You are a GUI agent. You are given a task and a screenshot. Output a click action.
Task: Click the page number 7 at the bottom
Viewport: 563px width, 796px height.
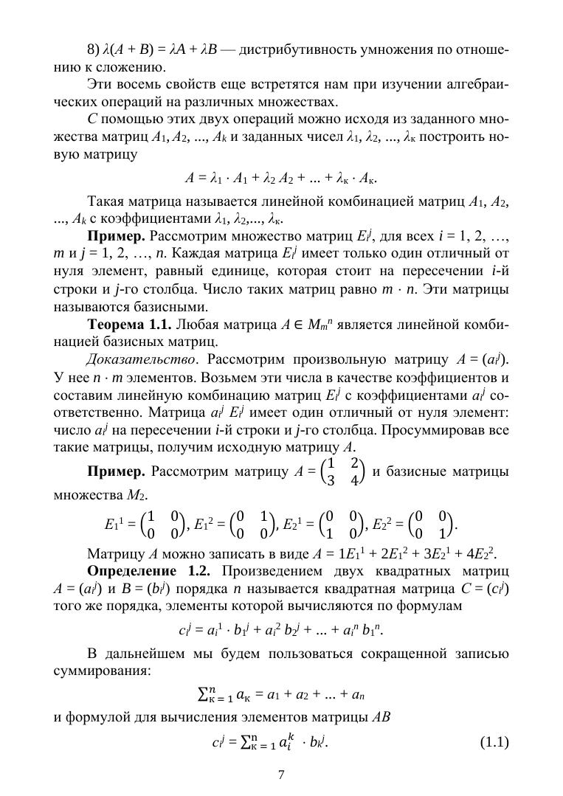pyautogui.click(x=281, y=774)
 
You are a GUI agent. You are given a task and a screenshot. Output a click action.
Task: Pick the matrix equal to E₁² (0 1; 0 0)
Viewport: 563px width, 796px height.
pyautogui.click(x=252, y=525)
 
